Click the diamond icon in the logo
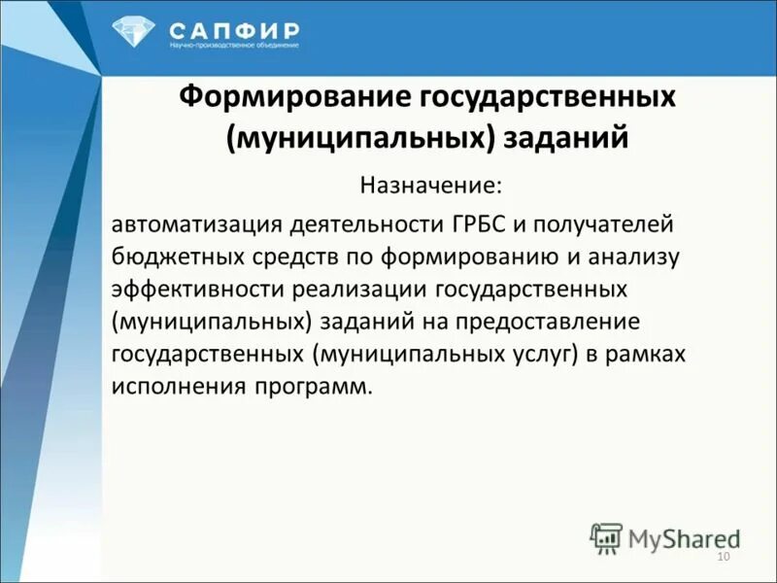pos(133,32)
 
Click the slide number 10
pos(722,556)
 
